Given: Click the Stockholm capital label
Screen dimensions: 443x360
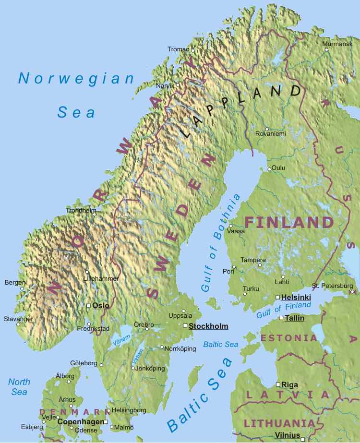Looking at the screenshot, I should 208,326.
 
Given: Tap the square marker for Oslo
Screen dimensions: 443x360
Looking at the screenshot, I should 88,305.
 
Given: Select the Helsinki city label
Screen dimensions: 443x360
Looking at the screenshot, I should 296,298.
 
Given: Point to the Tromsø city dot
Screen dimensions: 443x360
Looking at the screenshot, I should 193,50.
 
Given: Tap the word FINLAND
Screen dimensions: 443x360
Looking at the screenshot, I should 289,222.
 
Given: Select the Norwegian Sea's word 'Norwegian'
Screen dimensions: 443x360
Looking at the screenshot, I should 76,78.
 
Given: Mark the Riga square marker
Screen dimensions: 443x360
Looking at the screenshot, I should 278,384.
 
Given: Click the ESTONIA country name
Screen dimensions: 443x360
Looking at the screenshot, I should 289,338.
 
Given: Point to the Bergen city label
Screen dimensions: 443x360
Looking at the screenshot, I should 14,283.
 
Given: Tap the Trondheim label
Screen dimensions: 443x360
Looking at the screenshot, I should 81,210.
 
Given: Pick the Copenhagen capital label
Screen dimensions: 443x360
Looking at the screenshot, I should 80,422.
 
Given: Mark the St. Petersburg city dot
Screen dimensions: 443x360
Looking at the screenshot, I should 352,291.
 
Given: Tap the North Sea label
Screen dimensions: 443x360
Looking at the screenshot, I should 19,387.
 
